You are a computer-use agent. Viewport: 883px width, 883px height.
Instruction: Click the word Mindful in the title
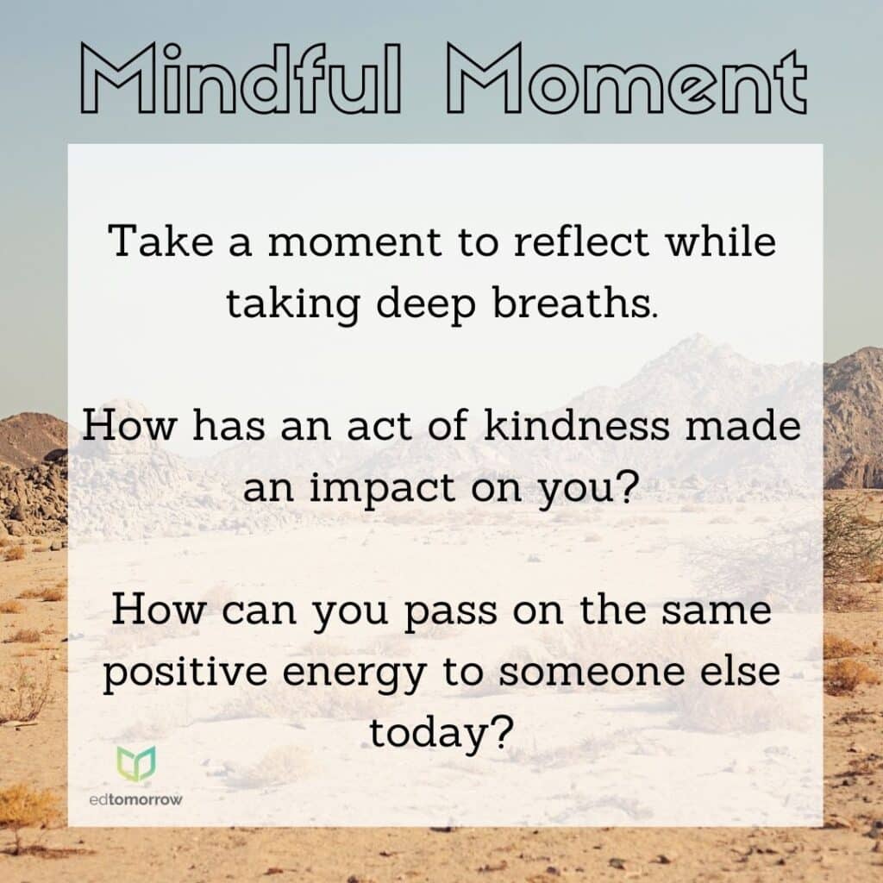tap(241, 78)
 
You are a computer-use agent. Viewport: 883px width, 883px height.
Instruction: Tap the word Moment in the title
tap(627, 79)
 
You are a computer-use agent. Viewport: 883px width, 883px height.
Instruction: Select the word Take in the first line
tap(161, 241)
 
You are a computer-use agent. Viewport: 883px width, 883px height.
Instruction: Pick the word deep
tap(426, 304)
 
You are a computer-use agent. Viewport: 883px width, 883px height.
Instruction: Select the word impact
tap(382, 488)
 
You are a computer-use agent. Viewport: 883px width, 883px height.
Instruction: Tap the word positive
tap(185, 672)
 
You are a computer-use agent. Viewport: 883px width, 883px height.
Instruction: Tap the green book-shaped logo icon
tap(136, 763)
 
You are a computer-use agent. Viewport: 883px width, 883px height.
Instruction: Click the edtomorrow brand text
tap(135, 799)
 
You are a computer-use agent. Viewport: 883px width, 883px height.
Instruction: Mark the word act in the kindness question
tap(379, 426)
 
